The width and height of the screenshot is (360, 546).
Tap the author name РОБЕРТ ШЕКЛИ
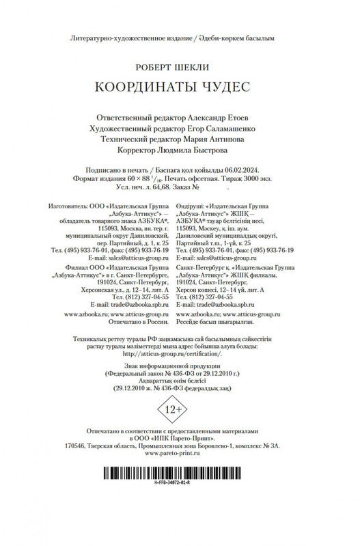point(179,68)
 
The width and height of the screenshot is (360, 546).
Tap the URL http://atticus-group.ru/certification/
point(179,354)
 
